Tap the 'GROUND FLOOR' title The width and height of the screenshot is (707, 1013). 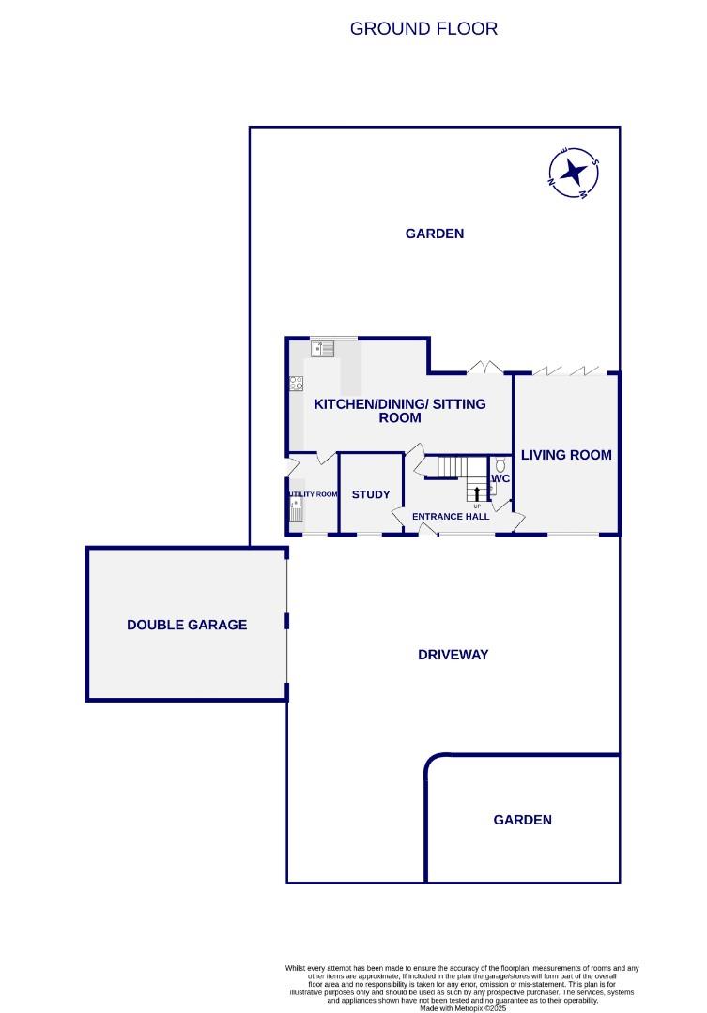click(423, 28)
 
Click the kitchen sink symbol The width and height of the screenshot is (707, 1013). click(323, 349)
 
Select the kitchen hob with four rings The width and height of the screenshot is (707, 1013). click(297, 383)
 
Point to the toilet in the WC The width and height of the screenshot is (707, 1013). click(500, 463)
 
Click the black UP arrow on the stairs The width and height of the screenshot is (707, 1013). click(477, 492)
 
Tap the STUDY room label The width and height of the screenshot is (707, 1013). click(371, 494)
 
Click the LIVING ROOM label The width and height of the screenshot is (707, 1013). click(566, 455)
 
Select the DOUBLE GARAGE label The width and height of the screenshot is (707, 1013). click(187, 625)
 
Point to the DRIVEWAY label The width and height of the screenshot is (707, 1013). click(453, 655)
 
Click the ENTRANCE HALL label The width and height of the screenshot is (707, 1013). click(451, 517)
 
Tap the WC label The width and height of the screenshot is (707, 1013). click(500, 478)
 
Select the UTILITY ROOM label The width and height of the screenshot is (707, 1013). click(313, 494)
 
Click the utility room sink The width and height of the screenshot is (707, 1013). click(297, 511)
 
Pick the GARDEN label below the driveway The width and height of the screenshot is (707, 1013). click(522, 820)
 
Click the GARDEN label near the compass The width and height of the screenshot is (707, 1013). click(434, 234)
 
